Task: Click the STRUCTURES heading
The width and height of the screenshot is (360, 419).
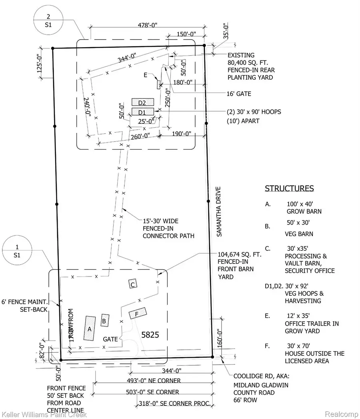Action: [289, 188]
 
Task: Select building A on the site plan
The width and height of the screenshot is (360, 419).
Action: [90, 328]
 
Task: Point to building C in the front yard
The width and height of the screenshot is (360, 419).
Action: [133, 284]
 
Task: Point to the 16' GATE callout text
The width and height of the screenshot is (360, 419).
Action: [238, 94]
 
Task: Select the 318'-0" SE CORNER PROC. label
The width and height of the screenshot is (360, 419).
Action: [174, 404]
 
